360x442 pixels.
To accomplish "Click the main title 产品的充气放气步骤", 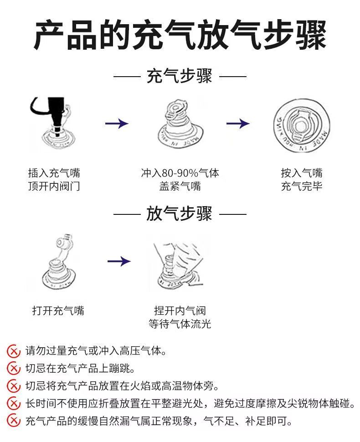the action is pyautogui.click(x=180, y=34).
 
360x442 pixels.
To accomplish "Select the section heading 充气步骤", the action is pyautogui.click(x=180, y=76).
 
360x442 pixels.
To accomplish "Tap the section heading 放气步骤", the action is pyautogui.click(x=180, y=213).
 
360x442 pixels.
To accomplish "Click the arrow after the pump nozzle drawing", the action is pyautogui.click(x=117, y=123).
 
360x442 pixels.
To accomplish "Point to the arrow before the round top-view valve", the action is pyautogui.click(x=238, y=123).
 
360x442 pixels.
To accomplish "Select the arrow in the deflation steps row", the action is pyautogui.click(x=119, y=261).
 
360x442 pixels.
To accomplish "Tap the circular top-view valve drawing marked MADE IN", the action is pyautogui.click(x=301, y=125).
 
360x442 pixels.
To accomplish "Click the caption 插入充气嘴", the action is pyautogui.click(x=54, y=173).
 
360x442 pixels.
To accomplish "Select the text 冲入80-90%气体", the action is pyautogui.click(x=180, y=173).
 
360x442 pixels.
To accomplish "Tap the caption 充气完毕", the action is pyautogui.click(x=301, y=186).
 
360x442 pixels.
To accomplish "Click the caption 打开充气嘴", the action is pyautogui.click(x=58, y=311).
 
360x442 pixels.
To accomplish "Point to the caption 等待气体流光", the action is pyautogui.click(x=180, y=324).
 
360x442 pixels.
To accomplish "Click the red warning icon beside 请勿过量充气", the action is pyautogui.click(x=14, y=351).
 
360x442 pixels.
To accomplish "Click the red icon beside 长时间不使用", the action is pyautogui.click(x=14, y=403).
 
